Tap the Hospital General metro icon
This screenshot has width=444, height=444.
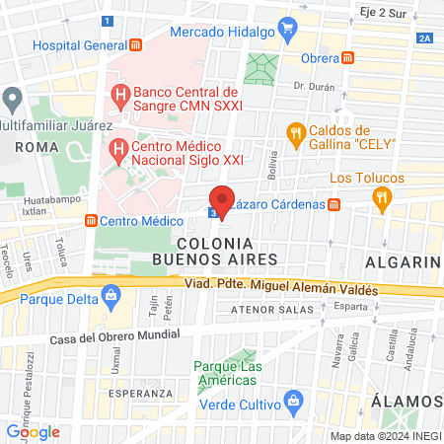(x=136, y=45)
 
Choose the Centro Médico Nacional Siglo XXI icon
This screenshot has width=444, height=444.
(x=118, y=151)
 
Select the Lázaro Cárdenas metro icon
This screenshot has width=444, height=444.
(x=334, y=204)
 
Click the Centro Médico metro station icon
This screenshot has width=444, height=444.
(x=91, y=220)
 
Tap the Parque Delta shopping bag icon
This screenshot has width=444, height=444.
(x=111, y=293)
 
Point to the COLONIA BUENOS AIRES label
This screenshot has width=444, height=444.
(x=215, y=250)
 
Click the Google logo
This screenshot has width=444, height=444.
(x=33, y=431)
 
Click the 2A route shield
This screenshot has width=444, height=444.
(x=424, y=37)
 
